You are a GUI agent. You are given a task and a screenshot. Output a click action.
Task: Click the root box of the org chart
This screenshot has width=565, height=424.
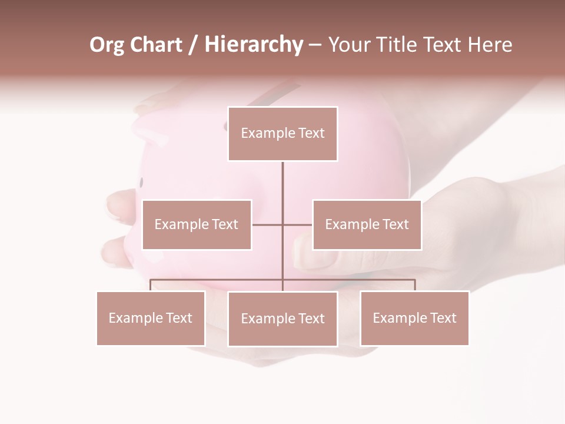[282, 134]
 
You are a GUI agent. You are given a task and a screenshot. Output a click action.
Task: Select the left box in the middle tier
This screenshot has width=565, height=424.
[197, 224]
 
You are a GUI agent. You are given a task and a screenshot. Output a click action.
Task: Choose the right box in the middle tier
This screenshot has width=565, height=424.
[367, 224]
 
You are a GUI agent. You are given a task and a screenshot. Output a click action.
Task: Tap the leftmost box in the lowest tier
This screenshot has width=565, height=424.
[151, 318]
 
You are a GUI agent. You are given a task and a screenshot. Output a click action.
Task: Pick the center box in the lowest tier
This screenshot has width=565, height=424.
[282, 319]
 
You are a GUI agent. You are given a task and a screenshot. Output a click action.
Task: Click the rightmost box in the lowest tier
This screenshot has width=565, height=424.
[414, 318]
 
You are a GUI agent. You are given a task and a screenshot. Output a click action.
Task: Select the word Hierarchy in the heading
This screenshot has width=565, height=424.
[253, 45]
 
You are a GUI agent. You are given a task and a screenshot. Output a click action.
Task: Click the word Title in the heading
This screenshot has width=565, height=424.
[397, 45]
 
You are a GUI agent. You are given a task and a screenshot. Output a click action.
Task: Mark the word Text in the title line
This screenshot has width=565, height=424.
[442, 45]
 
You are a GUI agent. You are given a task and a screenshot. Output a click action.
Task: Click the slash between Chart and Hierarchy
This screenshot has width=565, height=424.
[192, 45]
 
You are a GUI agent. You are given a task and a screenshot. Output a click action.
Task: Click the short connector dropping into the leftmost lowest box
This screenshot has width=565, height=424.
[151, 286]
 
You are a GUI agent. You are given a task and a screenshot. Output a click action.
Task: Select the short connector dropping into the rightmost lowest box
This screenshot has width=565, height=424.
[414, 286]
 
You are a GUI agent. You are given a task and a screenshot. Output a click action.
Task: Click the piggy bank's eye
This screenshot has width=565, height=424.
[141, 182]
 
